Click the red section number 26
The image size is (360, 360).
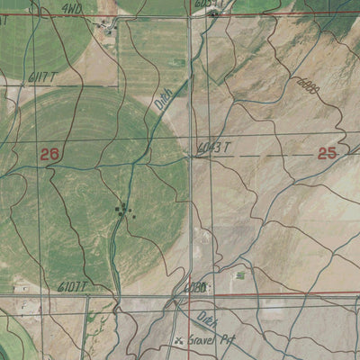(49, 154)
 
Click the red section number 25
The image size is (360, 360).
(327, 153)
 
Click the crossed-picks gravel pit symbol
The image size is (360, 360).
(179, 341)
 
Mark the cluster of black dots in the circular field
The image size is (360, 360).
(122, 211)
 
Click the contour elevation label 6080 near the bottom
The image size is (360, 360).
(195, 288)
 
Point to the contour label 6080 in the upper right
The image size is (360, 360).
(308, 85)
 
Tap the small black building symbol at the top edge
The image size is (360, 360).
(212, 14)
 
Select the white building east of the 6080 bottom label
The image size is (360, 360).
(240, 275)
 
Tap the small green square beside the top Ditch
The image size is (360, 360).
(180, 62)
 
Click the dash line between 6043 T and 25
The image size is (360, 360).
(270, 154)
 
